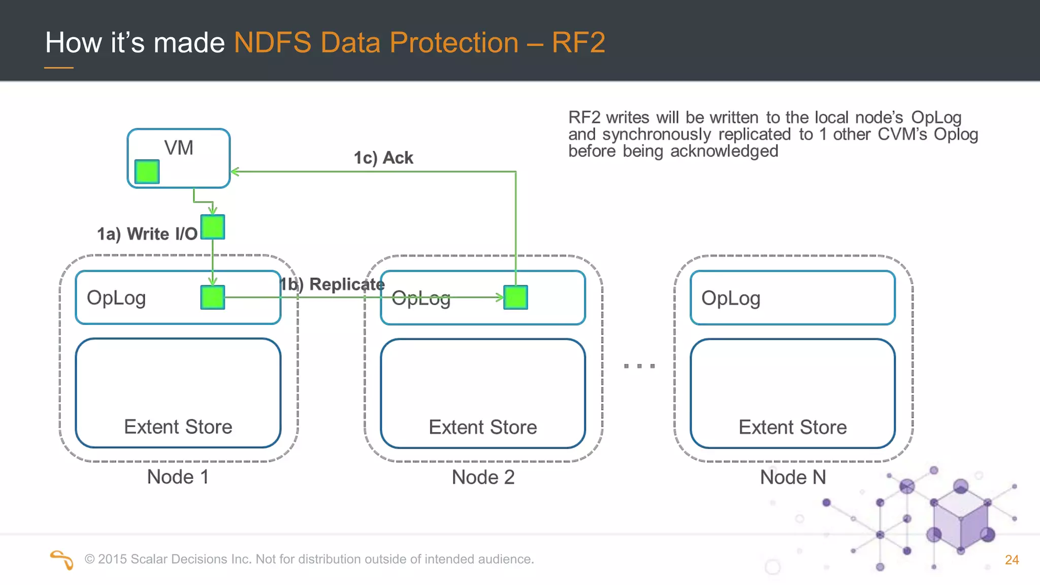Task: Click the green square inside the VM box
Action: (147, 172)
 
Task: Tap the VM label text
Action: (179, 148)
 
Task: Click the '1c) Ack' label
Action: (383, 158)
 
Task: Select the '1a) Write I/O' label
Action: (147, 234)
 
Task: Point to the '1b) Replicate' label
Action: (333, 284)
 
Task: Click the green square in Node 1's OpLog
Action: (212, 298)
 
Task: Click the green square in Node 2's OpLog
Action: (515, 298)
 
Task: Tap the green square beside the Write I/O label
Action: (212, 227)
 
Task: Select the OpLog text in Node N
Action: (730, 299)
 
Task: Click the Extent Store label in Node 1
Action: (178, 427)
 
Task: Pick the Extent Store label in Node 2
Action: (482, 427)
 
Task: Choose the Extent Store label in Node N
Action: (792, 427)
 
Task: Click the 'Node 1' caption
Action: (178, 477)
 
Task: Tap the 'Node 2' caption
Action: (483, 477)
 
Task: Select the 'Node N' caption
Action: (793, 477)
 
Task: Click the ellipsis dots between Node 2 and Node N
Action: (639, 366)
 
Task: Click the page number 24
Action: (1012, 560)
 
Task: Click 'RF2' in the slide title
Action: (578, 42)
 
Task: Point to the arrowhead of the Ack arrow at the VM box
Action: (234, 172)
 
